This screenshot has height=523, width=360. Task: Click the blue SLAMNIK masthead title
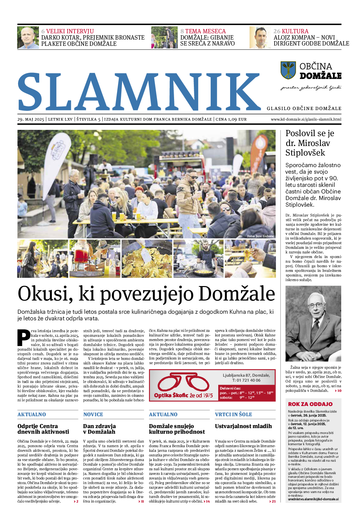(138, 92)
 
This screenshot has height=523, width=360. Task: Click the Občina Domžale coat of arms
(288, 70)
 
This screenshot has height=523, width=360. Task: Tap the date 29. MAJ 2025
(31, 119)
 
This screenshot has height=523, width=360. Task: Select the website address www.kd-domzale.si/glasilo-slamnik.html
(306, 119)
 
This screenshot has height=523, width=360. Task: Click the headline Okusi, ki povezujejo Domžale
(146, 293)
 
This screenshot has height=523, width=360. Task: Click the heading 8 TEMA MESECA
(203, 31)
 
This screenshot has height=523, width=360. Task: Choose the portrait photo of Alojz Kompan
(260, 38)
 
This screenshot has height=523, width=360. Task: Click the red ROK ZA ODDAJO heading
(310, 404)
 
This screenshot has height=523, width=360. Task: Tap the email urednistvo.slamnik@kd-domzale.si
(313, 499)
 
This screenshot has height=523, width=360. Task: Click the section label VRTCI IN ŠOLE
(233, 415)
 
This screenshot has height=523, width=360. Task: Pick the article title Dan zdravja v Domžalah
(99, 429)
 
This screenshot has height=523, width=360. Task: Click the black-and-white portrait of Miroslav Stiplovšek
(313, 324)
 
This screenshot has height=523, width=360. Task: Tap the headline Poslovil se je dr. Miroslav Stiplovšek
(305, 143)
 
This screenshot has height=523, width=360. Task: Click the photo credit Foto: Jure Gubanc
(260, 236)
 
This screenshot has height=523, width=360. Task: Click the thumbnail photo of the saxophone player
(43, 259)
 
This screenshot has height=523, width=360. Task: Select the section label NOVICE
(93, 415)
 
